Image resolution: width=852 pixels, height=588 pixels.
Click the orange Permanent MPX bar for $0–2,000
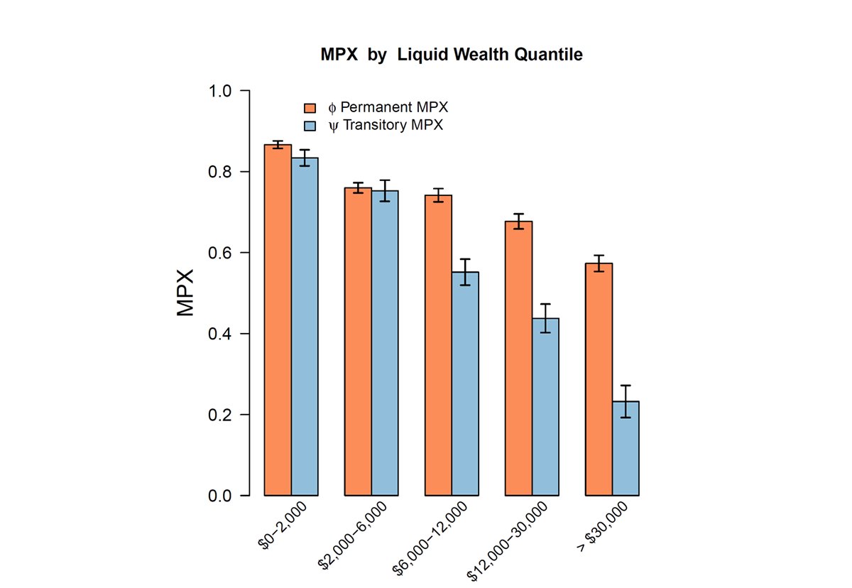[278, 320]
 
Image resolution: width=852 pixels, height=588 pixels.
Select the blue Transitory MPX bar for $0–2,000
[305, 327]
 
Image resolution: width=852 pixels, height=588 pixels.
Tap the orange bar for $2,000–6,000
[358, 341]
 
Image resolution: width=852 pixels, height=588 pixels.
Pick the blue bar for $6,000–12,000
[465, 383]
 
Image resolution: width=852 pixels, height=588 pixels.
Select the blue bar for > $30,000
[626, 448]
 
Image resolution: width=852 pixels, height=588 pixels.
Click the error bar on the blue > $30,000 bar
[626, 401]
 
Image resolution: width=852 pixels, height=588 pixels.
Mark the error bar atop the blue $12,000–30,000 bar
[545, 318]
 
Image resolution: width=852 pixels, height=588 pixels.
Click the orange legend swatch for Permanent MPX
[310, 108]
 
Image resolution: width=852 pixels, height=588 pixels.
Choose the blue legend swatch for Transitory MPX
[310, 126]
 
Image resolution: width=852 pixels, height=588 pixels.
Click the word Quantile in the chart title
[552, 55]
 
